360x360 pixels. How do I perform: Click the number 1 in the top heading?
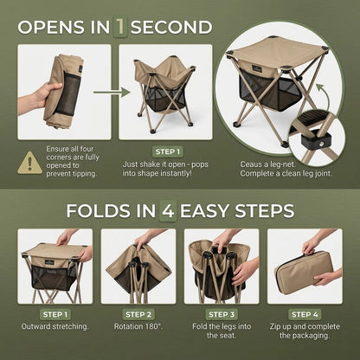[120, 27]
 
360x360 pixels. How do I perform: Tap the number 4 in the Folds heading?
[168, 210]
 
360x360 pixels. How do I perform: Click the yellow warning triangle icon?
[29, 164]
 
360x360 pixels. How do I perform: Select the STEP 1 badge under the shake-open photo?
[168, 151]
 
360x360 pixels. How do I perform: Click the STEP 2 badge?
[138, 314]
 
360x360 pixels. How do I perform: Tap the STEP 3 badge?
[222, 314]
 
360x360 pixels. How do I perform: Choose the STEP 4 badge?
[305, 314]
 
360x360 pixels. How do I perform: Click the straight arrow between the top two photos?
[112, 93]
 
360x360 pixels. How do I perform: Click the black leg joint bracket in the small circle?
[316, 141]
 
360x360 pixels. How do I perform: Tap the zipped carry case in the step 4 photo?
[304, 272]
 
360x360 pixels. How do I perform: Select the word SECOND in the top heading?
[171, 27]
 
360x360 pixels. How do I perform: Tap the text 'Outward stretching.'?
[55, 326]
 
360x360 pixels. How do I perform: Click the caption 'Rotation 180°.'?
[138, 326]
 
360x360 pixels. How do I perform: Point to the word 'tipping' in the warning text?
[82, 174]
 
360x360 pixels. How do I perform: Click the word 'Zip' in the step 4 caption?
[275, 327]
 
